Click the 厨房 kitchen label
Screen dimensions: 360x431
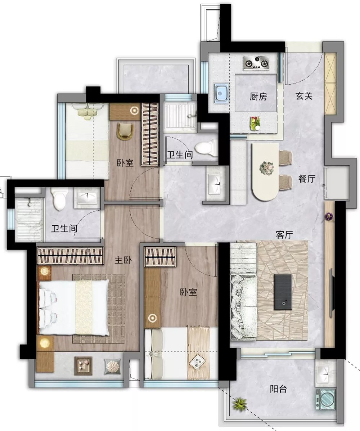click(258, 96)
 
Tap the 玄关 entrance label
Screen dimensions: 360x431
click(304, 96)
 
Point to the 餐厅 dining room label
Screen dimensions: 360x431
click(307, 179)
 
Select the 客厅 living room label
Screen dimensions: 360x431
click(284, 235)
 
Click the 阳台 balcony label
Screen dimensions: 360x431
click(278, 389)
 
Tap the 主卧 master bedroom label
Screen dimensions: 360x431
click(123, 260)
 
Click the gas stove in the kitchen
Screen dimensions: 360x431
click(256, 63)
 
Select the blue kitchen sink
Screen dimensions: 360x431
click(221, 93)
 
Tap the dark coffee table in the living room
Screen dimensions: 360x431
click(283, 292)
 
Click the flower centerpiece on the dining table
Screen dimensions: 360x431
click(267, 168)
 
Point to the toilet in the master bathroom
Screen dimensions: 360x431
click(60, 198)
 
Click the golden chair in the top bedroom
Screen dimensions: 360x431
click(125, 132)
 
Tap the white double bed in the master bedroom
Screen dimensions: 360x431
click(74, 307)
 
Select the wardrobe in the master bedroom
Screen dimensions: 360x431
click(70, 256)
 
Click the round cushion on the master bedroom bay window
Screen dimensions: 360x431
click(112, 367)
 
